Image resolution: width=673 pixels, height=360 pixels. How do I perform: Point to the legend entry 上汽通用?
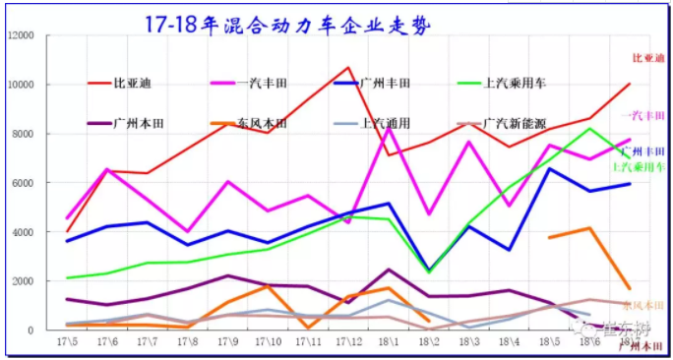(x=386, y=124)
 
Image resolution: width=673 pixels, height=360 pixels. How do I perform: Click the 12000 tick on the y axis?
(x=21, y=35)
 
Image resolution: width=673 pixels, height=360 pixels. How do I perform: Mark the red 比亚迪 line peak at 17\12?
(x=348, y=68)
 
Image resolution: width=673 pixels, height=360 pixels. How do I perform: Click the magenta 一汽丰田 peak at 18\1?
(x=389, y=129)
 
